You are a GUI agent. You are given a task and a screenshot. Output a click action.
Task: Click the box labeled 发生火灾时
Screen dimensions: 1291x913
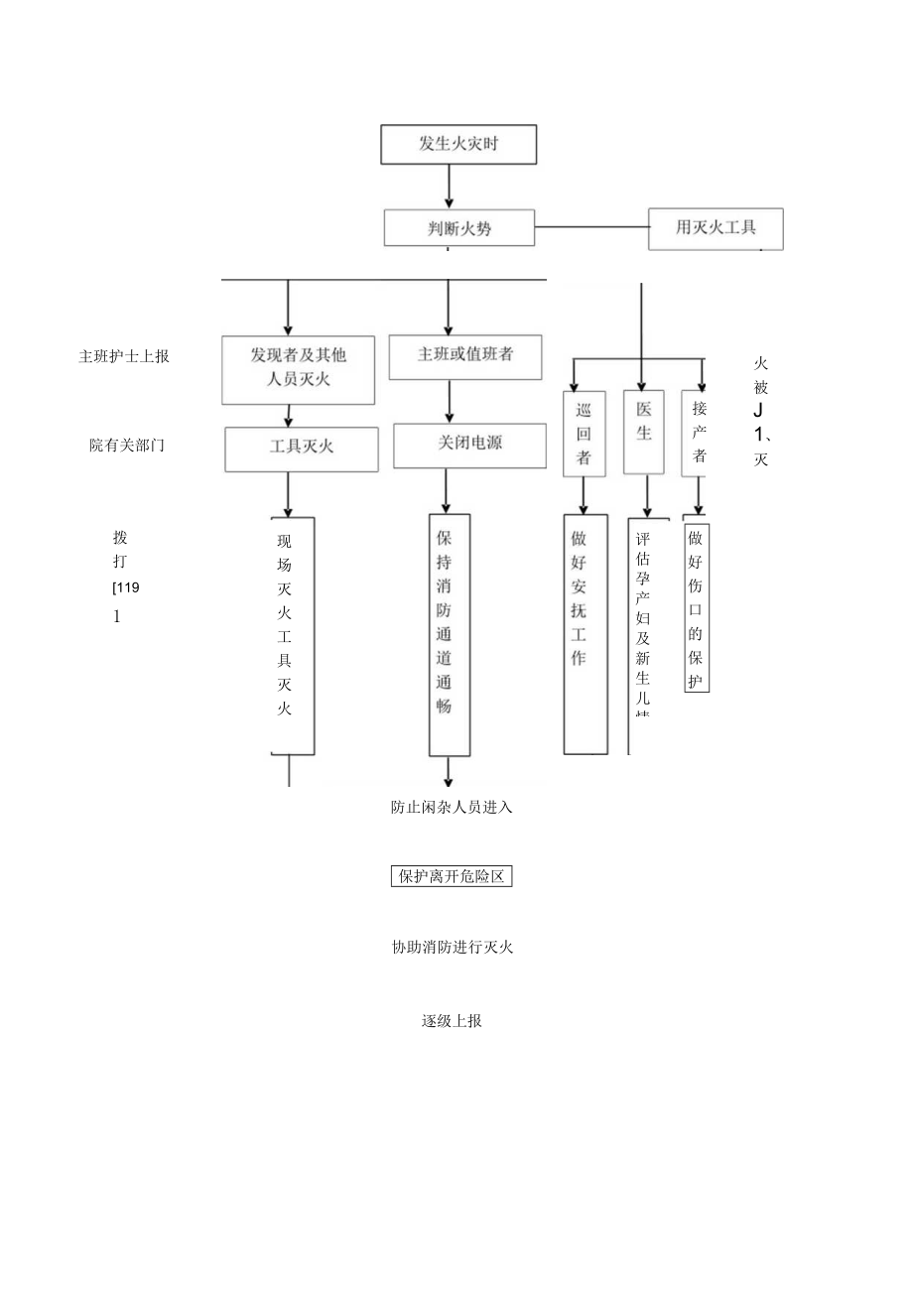coord(458,144)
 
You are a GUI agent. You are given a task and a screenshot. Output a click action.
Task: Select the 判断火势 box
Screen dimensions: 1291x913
coord(459,227)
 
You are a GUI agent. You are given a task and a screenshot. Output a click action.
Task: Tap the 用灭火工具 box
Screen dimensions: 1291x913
coord(716,227)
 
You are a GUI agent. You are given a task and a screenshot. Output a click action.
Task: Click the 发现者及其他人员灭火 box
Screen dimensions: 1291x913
coord(298,369)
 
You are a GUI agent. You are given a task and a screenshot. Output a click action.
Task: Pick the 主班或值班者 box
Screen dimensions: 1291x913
coord(465,356)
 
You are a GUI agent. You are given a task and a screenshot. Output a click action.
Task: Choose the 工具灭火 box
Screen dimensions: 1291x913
coord(302,449)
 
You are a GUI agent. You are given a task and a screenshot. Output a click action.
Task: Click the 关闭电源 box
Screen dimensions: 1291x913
coord(469,445)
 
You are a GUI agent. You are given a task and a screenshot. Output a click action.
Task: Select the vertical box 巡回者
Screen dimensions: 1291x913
coord(584,434)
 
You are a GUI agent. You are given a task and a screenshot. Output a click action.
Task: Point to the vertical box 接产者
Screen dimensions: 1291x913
coord(699,433)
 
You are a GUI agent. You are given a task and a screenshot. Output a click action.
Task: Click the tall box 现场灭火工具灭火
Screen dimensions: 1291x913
coord(293,635)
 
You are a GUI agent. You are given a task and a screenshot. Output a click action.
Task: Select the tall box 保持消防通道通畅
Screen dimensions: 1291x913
coord(449,634)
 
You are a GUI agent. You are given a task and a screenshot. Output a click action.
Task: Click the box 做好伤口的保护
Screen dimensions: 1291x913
coord(697,607)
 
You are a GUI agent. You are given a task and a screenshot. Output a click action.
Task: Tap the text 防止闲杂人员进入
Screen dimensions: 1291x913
coord(452,807)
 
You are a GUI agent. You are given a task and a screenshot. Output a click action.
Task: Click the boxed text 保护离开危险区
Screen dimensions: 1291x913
coord(452,876)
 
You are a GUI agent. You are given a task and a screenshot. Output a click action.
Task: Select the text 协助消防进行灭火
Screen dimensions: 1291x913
coord(452,947)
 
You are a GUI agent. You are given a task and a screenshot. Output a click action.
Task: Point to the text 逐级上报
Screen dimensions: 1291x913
coord(452,1020)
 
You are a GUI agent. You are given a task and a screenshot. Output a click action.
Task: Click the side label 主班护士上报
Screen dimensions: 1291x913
coord(124,356)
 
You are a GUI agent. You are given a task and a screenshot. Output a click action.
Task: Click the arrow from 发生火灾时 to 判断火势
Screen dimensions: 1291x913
coord(449,186)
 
